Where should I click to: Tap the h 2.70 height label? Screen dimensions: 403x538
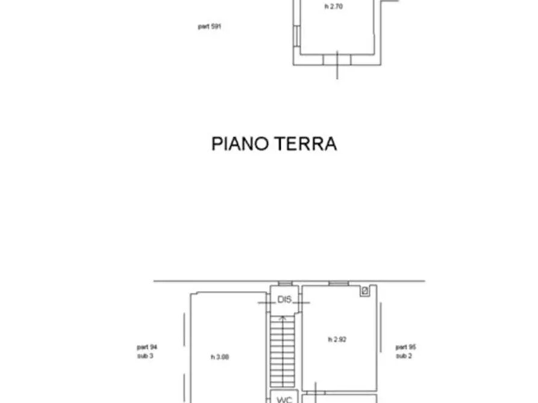pos(333,7)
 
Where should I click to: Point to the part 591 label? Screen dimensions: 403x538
pos(209,26)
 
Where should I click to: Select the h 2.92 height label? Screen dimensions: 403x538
pos(337,340)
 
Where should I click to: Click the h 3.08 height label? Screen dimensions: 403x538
pos(220,357)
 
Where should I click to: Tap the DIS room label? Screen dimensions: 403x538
pos(284,299)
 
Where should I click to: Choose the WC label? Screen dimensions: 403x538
pos(284,399)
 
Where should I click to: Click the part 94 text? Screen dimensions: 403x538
pos(147,347)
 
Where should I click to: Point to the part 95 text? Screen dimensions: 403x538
pos(405,347)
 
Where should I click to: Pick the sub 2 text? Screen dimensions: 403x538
pos(403,356)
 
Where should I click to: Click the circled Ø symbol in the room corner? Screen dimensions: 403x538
pos(364,291)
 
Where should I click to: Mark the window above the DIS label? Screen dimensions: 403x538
pos(285,283)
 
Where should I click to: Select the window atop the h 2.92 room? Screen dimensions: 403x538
pos(339,283)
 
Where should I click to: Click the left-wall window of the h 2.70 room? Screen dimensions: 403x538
pos(296,36)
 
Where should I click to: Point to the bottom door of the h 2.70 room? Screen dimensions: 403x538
pos(336,60)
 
